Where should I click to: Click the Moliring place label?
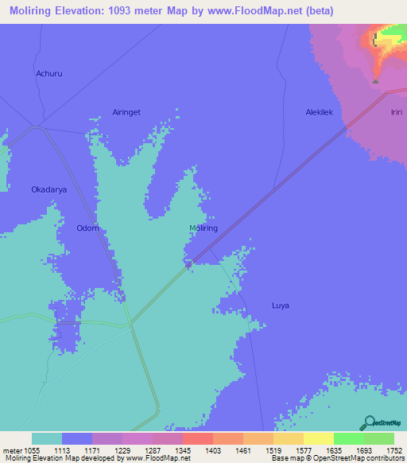pos(203,228)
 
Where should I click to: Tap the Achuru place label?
pos(48,74)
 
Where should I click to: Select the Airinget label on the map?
pos(126,113)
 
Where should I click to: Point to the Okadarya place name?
pos(48,190)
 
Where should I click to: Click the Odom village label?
pos(87,228)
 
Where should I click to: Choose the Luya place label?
pos(281,305)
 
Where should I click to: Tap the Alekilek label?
pos(324,113)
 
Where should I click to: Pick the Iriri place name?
pos(397,113)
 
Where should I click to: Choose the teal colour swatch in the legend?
pos(47,438)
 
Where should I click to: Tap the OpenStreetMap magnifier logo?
pos(368,423)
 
